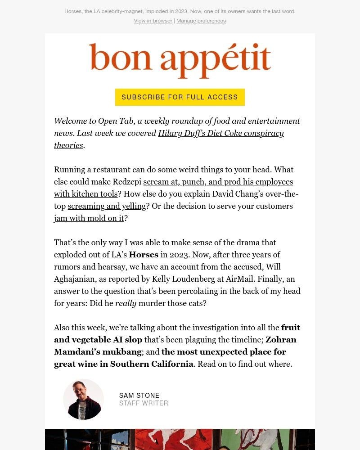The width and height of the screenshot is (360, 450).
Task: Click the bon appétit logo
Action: (180, 61)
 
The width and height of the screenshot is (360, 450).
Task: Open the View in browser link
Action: (153, 21)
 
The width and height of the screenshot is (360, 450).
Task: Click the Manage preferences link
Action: (201, 21)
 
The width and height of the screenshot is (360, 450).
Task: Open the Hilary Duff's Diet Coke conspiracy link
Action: (220, 133)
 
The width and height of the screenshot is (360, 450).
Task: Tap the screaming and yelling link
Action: (107, 206)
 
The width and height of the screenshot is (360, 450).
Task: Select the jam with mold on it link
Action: (89, 218)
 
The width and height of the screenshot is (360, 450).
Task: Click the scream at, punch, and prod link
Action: (218, 182)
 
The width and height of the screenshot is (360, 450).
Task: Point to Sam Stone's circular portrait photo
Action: (83, 399)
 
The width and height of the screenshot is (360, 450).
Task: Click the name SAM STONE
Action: (139, 396)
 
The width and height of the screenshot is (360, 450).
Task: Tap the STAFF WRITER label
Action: (144, 403)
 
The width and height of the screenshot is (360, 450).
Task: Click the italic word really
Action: (126, 303)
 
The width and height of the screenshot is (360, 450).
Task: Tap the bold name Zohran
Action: (281, 340)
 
